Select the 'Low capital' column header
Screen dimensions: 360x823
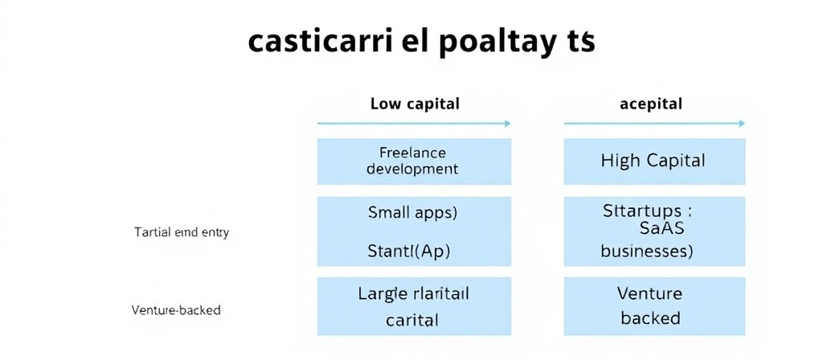(x=415, y=104)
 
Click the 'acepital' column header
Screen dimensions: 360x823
(x=650, y=104)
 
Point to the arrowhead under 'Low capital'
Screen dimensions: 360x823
(x=506, y=124)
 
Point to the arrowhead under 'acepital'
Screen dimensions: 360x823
(x=741, y=124)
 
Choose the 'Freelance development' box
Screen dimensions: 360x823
(x=413, y=162)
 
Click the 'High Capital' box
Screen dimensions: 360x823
(x=653, y=161)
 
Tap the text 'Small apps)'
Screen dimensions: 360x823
(x=412, y=213)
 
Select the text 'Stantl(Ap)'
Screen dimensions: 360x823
(x=409, y=250)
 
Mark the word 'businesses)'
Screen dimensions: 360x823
(x=647, y=250)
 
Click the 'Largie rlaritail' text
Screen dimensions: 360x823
(x=413, y=293)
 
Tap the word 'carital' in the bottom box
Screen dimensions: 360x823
(x=412, y=320)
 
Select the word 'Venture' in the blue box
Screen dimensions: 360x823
(x=649, y=293)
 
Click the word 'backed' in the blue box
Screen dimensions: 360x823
(x=650, y=318)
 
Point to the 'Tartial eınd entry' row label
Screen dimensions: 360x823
(x=181, y=232)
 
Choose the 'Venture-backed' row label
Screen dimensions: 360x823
(x=175, y=309)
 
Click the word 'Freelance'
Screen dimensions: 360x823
(x=411, y=152)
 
